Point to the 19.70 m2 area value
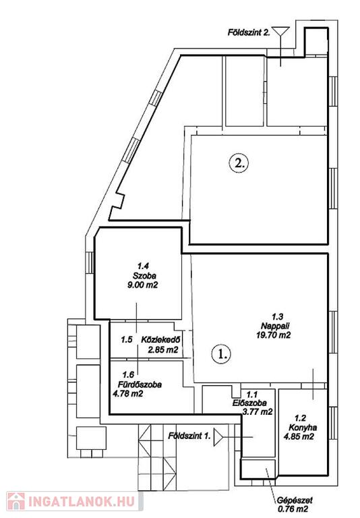coord(273,335)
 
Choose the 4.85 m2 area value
coord(299,436)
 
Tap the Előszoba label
coord(248,403)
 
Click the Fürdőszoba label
coord(140,384)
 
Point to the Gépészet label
coord(295,500)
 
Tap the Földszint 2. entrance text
coord(249,32)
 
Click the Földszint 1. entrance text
coord(189,436)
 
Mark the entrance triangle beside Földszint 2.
coord(281,32)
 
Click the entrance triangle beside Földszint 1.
coord(218,437)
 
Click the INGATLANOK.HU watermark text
coord(82,502)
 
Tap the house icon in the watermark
coord(16,501)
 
